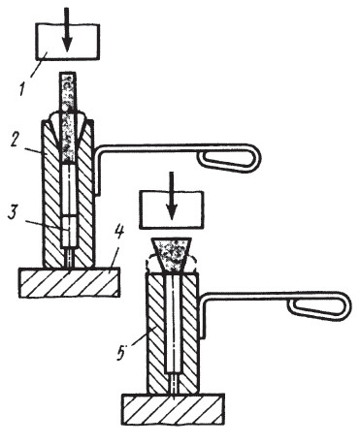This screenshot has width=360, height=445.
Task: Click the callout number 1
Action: tap(23, 88)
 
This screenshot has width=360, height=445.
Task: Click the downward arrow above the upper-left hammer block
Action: tap(67, 29)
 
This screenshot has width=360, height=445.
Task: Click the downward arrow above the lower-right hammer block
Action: tap(172, 195)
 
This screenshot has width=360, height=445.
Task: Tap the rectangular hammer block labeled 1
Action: tap(67, 42)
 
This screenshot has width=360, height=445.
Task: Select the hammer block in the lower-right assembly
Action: tap(172, 209)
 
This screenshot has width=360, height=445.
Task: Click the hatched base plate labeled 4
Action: tap(70, 282)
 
